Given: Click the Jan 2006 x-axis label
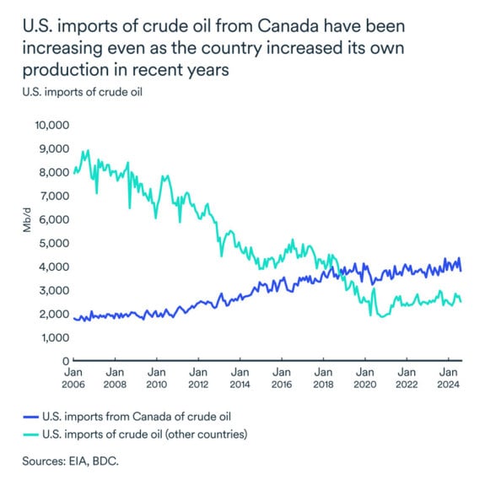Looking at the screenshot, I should (x=73, y=378).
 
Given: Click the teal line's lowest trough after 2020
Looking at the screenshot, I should (x=382, y=316).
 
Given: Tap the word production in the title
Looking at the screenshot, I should (x=61, y=70).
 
